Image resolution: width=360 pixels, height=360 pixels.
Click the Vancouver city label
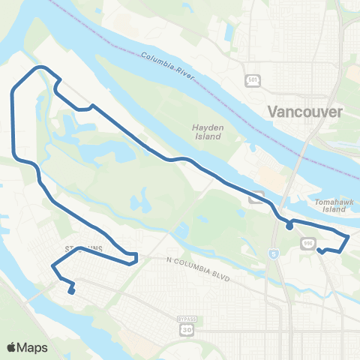pyautogui.click(x=305, y=112)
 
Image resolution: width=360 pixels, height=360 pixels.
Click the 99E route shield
pyautogui.click(x=308, y=243)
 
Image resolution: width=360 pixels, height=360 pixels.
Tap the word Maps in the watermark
pyautogui.click(x=34, y=347)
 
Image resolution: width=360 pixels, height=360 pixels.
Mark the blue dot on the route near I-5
pyautogui.click(x=289, y=226)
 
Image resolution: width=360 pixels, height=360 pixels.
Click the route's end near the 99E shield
pyautogui.click(x=319, y=250)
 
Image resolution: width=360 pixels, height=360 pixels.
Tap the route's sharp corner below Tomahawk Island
pyautogui.click(x=348, y=236)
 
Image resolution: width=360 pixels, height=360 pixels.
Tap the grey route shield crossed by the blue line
pyautogui.click(x=256, y=198)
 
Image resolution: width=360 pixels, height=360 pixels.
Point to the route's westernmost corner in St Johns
pyautogui.click(x=52, y=266)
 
